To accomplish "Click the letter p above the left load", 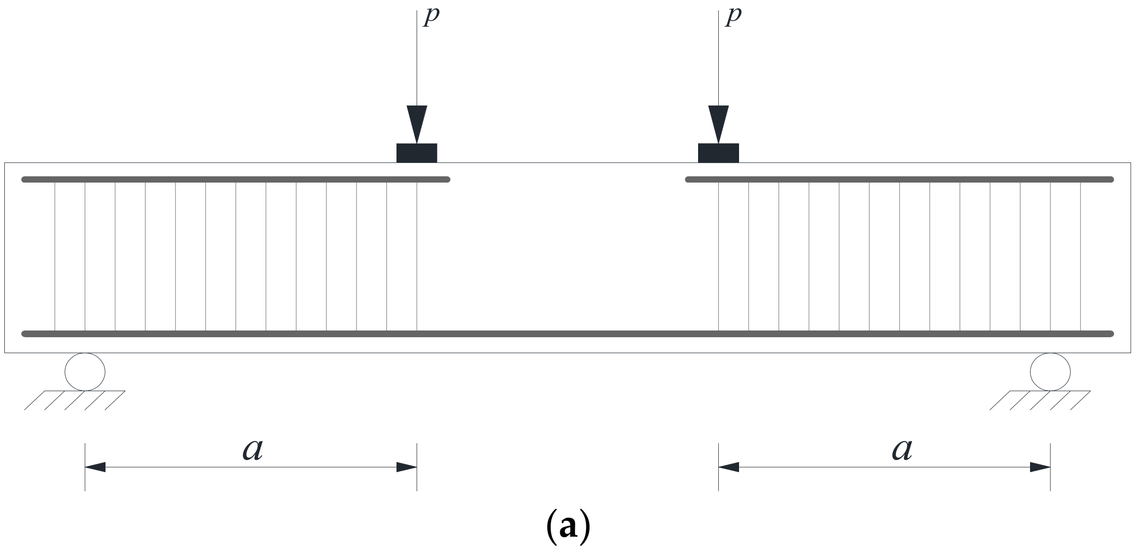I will [431, 17].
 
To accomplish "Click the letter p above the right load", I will [733, 17].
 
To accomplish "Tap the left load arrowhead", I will [417, 123].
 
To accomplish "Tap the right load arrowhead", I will [718, 123].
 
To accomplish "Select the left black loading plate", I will [417, 153].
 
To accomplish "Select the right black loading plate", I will [718, 153].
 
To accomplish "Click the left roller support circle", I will [85, 371].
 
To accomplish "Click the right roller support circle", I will [1050, 371].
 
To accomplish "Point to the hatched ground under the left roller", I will [75, 400].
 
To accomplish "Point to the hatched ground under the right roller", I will [1040, 400].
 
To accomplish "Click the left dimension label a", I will [253, 450].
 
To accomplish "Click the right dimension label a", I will [902, 450].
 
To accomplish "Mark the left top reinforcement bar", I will [236, 180].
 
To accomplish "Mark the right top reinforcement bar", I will [899, 180].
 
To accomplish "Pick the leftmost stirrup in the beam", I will [55, 255].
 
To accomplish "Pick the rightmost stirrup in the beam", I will [1081, 255].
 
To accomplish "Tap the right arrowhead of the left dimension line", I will [407, 467].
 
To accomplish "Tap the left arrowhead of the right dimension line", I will [728, 467].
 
